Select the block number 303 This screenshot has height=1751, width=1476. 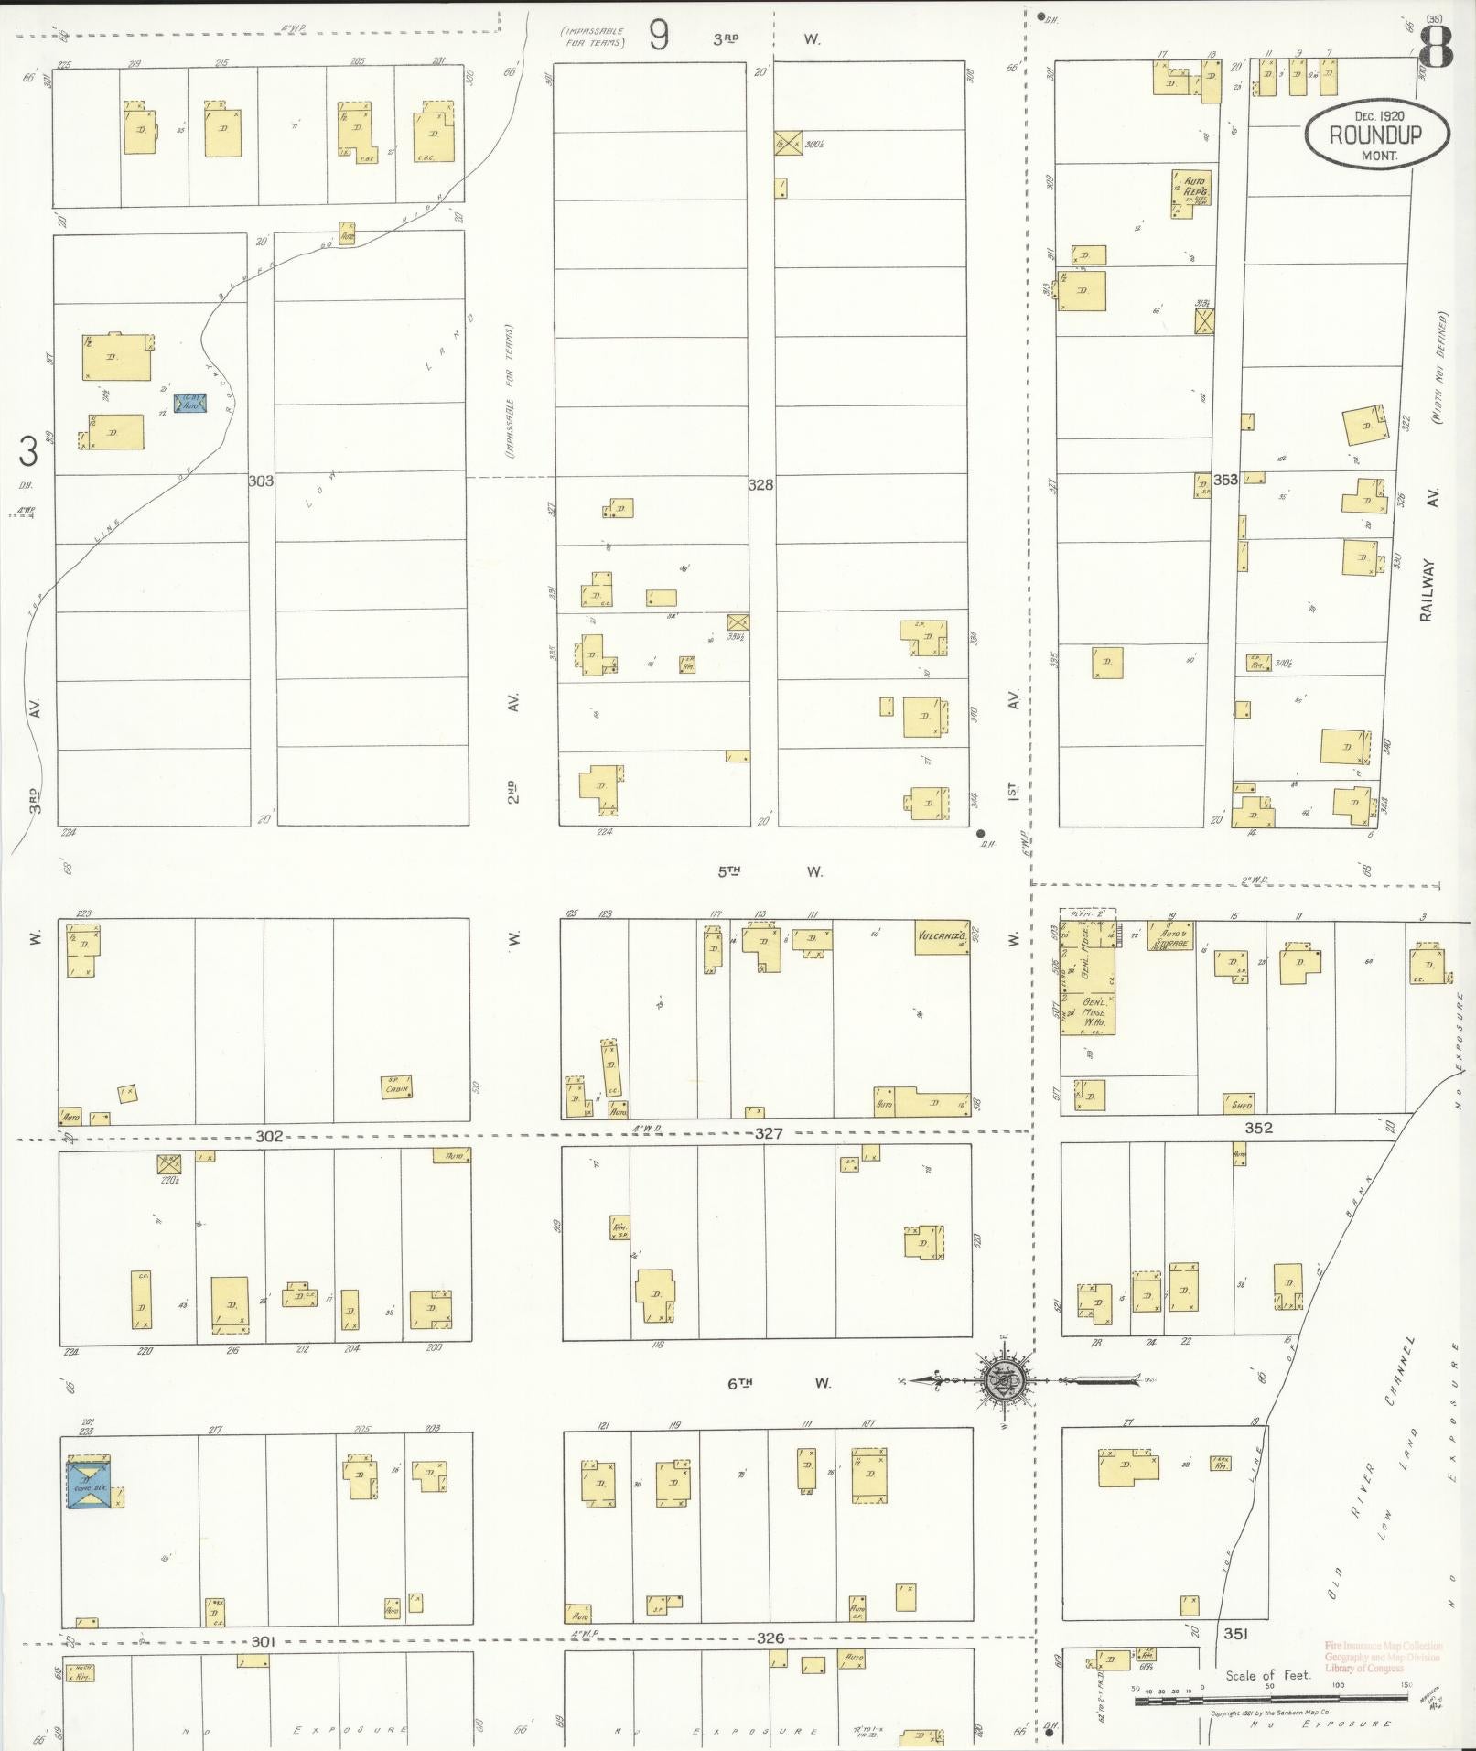click(x=261, y=480)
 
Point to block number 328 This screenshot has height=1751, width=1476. click(x=760, y=484)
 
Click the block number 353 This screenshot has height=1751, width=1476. click(x=1225, y=480)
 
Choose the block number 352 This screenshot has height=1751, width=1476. click(x=1258, y=1128)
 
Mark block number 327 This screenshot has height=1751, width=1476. click(x=769, y=1133)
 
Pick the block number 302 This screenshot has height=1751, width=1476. click(x=268, y=1136)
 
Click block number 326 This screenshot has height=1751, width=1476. click(x=770, y=1638)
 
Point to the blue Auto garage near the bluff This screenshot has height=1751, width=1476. click(x=190, y=403)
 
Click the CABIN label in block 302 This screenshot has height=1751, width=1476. click(x=396, y=1087)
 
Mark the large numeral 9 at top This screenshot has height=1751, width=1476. click(x=659, y=37)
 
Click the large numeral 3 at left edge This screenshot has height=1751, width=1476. click(x=29, y=451)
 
